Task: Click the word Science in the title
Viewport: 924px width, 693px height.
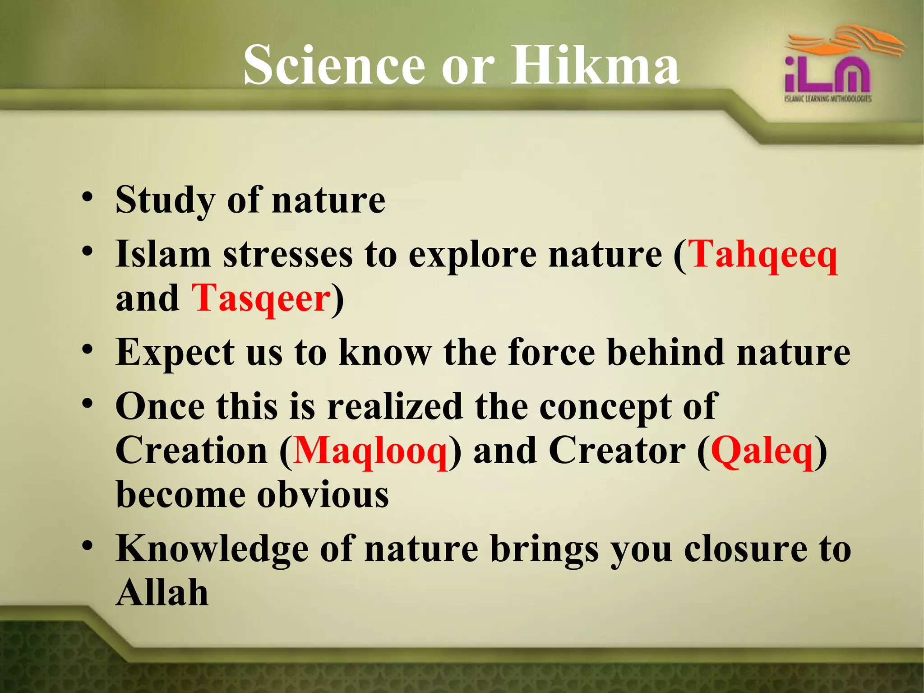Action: pyautogui.click(x=334, y=65)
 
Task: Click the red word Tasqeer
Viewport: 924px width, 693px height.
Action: pyautogui.click(x=261, y=299)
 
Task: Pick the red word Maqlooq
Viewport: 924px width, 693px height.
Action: pyautogui.click(x=370, y=451)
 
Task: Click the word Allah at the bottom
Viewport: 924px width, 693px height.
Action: pyautogui.click(x=162, y=592)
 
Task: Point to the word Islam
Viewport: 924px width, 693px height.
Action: pyautogui.click(x=163, y=254)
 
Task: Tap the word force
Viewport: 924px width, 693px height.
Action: pyautogui.click(x=551, y=352)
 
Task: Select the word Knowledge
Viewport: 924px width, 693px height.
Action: pyautogui.click(x=212, y=550)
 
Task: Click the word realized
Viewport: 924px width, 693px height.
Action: pyautogui.click(x=395, y=406)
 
